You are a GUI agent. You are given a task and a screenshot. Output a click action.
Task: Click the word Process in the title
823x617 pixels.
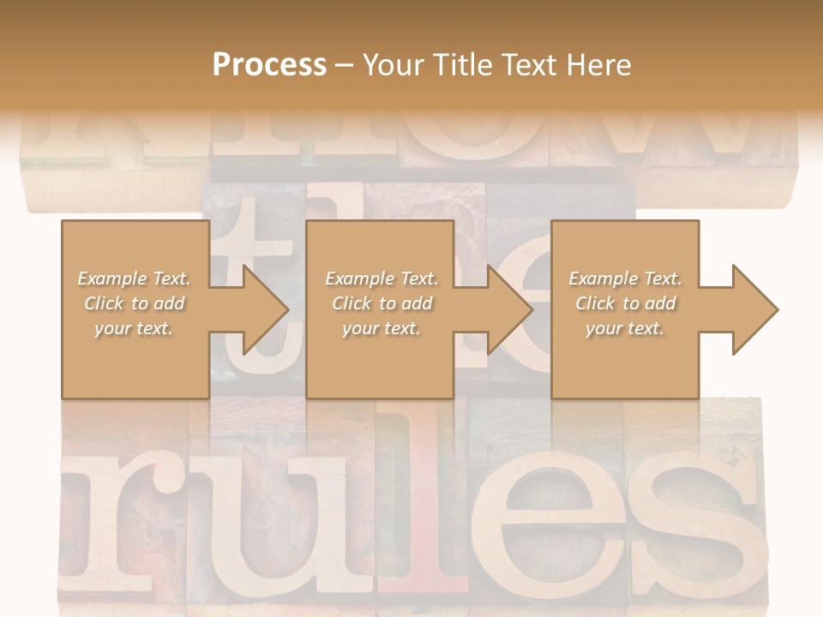[x=269, y=65]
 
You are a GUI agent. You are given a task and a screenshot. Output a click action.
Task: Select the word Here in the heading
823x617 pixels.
[x=598, y=65]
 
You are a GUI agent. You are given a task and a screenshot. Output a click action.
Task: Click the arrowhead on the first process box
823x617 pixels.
[x=266, y=309]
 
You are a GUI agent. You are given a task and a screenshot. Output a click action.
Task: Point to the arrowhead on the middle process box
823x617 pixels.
[x=510, y=309]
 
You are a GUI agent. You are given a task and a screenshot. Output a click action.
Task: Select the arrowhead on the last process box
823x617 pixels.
[x=755, y=309]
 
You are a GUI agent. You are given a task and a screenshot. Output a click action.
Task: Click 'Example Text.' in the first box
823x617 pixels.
[x=134, y=279]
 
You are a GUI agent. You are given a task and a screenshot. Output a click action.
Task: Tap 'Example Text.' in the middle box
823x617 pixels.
[x=381, y=279]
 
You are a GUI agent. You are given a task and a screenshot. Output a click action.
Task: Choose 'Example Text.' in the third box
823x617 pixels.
[x=625, y=279]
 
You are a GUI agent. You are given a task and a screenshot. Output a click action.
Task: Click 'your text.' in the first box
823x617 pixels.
[x=134, y=328]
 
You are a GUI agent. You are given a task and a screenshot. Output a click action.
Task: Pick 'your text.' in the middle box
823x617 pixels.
[x=381, y=328]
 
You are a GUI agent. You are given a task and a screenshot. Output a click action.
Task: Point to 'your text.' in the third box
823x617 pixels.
[x=625, y=328]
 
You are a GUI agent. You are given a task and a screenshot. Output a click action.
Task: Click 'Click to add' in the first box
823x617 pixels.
[x=134, y=303]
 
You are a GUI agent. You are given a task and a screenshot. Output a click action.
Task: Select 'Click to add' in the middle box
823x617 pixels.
[x=381, y=303]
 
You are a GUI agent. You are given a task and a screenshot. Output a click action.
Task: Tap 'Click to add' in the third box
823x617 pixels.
[x=625, y=303]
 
